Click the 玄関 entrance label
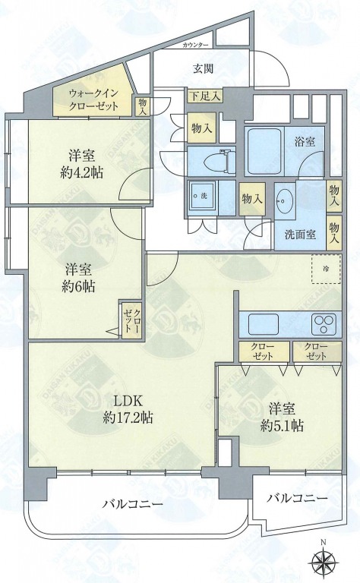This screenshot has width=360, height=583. pyautogui.click(x=203, y=69)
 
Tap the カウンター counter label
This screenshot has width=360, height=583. pyautogui.click(x=195, y=46)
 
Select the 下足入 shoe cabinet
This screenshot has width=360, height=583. pyautogui.click(x=205, y=96)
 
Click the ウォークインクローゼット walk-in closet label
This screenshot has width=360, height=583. pyautogui.click(x=93, y=99)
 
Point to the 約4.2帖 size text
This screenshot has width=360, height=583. pyautogui.click(x=81, y=172)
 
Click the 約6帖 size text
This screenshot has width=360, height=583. pyautogui.click(x=78, y=286)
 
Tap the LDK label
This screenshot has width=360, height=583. pyautogui.click(x=128, y=401)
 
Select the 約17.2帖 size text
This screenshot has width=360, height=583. pyautogui.click(x=128, y=418)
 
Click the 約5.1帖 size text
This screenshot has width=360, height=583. pyautogui.click(x=282, y=425)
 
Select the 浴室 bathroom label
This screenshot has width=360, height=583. pyautogui.click(x=305, y=141)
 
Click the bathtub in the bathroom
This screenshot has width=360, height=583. pyautogui.click(x=264, y=152)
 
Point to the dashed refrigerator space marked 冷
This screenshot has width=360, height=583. pyautogui.click(x=326, y=269)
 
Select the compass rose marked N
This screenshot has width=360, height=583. pyautogui.click(x=323, y=561)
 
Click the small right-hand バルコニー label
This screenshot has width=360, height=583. pyautogui.click(x=297, y=498)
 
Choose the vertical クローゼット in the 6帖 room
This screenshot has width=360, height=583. pyautogui.click(x=132, y=320)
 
